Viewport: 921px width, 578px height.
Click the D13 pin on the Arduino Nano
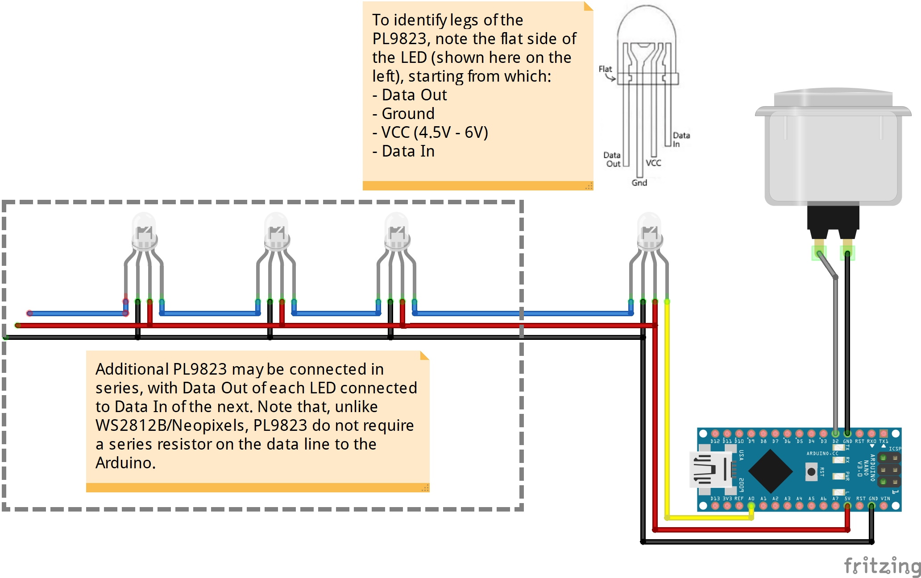[x=715, y=506]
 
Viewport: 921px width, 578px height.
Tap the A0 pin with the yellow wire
[x=751, y=506]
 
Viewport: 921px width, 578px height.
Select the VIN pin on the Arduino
[x=884, y=506]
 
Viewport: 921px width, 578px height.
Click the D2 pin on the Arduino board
[x=835, y=433]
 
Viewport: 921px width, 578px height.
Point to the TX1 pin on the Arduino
[x=884, y=433]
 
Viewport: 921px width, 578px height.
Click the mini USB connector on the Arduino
[x=710, y=469]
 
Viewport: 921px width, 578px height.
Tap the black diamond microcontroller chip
[x=770, y=470]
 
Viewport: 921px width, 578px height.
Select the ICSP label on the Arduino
[x=895, y=449]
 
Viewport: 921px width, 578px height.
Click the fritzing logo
[x=882, y=566]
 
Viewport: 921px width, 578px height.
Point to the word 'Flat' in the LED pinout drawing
[x=605, y=69]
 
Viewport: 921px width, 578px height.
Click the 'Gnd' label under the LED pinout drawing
[x=639, y=182]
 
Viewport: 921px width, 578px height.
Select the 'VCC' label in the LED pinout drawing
[x=653, y=163]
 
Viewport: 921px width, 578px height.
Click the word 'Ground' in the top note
[x=408, y=114]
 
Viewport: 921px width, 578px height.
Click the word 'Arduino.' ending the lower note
[x=125, y=463]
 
